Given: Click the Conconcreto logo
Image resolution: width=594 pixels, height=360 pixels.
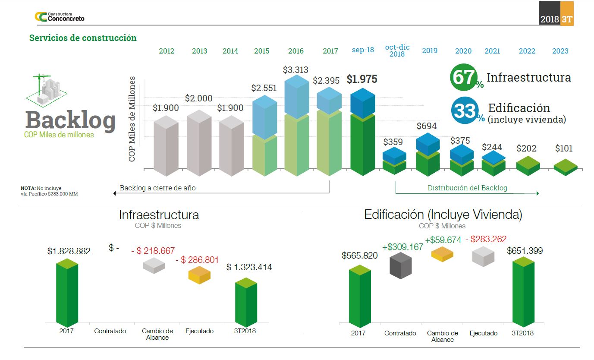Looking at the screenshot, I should pyautogui.click(x=60, y=17).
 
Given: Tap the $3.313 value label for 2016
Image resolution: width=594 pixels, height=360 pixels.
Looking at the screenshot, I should pyautogui.click(x=296, y=70).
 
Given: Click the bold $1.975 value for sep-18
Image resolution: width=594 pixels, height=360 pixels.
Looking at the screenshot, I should pyautogui.click(x=361, y=79).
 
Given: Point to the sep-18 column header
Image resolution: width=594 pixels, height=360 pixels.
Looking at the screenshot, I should pyautogui.click(x=363, y=50).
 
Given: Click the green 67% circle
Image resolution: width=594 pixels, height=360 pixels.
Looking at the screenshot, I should pyautogui.click(x=464, y=78).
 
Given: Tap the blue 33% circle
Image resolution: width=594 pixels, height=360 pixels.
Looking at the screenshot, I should pyautogui.click(x=465, y=111).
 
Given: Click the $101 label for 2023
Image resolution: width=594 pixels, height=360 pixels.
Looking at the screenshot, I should pyautogui.click(x=563, y=148).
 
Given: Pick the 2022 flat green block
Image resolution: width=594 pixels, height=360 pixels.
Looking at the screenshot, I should pyautogui.click(x=527, y=165).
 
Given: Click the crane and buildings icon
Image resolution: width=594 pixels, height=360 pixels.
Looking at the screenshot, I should pyautogui.click(x=47, y=90).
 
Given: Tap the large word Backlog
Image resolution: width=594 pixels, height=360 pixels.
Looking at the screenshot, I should pyautogui.click(x=70, y=120).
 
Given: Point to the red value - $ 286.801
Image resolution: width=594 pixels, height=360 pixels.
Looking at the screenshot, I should pyautogui.click(x=197, y=260).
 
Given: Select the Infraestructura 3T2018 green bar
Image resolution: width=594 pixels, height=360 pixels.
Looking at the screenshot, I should pyautogui.click(x=246, y=304).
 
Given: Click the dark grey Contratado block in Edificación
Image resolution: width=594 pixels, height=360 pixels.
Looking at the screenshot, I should pyautogui.click(x=400, y=265).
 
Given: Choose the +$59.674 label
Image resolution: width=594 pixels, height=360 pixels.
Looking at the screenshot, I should pyautogui.click(x=443, y=240).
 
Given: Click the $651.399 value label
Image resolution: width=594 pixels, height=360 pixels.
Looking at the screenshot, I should pyautogui.click(x=525, y=251).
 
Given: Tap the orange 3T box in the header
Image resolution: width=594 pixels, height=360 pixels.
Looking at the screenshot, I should pyautogui.click(x=567, y=19).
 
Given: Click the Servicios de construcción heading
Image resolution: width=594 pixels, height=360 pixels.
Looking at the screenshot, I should pyautogui.click(x=83, y=38).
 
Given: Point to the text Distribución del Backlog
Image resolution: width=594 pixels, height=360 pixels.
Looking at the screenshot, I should pyautogui.click(x=467, y=188).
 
